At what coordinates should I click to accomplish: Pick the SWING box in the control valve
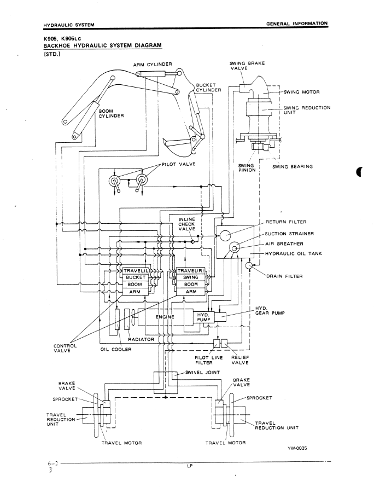tap(191, 277)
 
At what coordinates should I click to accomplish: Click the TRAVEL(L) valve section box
tap(136, 271)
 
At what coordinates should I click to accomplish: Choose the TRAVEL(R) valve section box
tap(191, 271)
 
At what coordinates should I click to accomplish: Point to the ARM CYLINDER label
tap(153, 65)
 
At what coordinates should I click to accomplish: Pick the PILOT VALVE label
tap(177, 164)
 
